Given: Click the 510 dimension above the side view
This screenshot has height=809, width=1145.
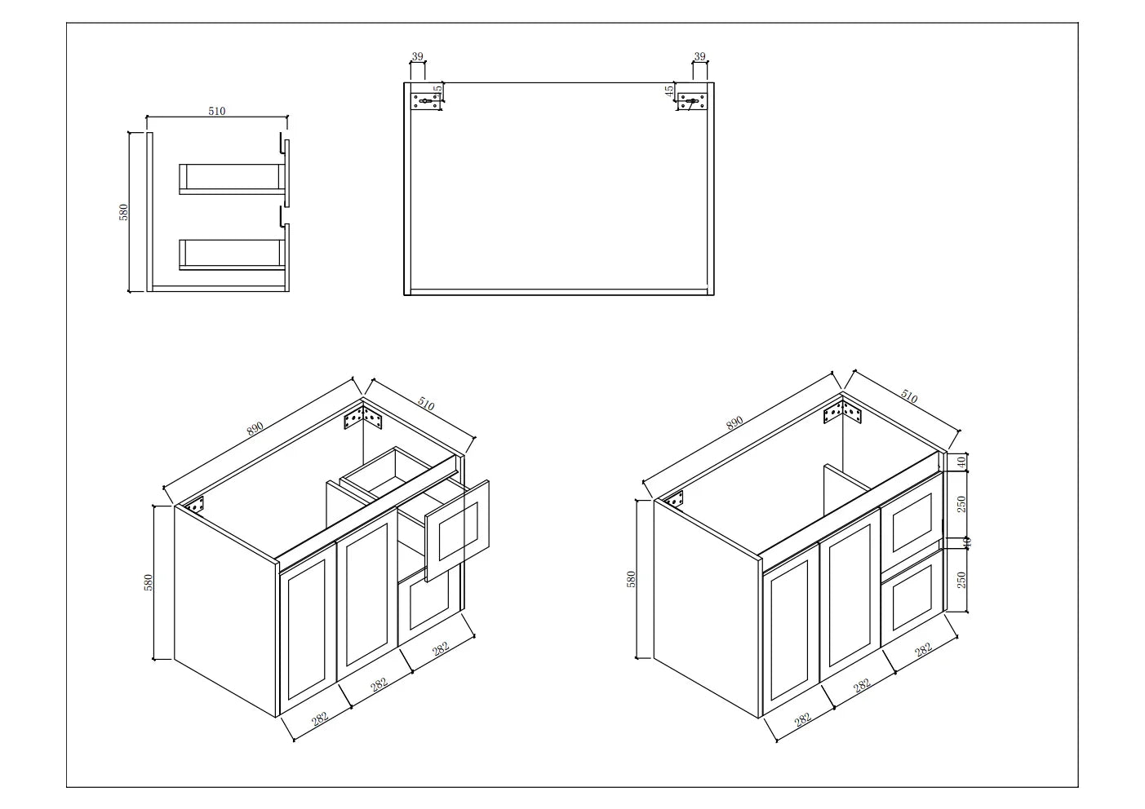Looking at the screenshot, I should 216,112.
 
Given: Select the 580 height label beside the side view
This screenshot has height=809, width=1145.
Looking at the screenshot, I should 124,212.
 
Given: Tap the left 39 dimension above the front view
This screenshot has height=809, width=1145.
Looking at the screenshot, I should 418,56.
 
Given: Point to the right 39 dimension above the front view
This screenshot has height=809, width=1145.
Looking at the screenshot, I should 699,56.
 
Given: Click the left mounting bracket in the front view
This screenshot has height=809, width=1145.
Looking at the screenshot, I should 426,102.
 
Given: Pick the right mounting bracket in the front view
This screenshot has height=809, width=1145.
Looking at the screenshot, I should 692,102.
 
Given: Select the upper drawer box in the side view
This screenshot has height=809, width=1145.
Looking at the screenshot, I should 233,179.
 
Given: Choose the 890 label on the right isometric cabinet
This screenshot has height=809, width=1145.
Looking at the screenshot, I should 734,422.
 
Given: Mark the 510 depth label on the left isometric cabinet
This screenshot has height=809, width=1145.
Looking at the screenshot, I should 426,403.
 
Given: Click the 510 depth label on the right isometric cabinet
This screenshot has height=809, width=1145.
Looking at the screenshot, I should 909,397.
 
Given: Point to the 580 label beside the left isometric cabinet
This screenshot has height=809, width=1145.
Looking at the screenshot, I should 149,582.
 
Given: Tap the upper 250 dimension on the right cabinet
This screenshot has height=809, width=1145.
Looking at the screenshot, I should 961,503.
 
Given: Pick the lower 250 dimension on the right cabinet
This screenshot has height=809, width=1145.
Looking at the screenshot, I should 961,579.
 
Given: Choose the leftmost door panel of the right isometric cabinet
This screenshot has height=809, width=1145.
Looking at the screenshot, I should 790,636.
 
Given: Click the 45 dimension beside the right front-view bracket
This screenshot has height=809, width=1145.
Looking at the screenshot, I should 669,91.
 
